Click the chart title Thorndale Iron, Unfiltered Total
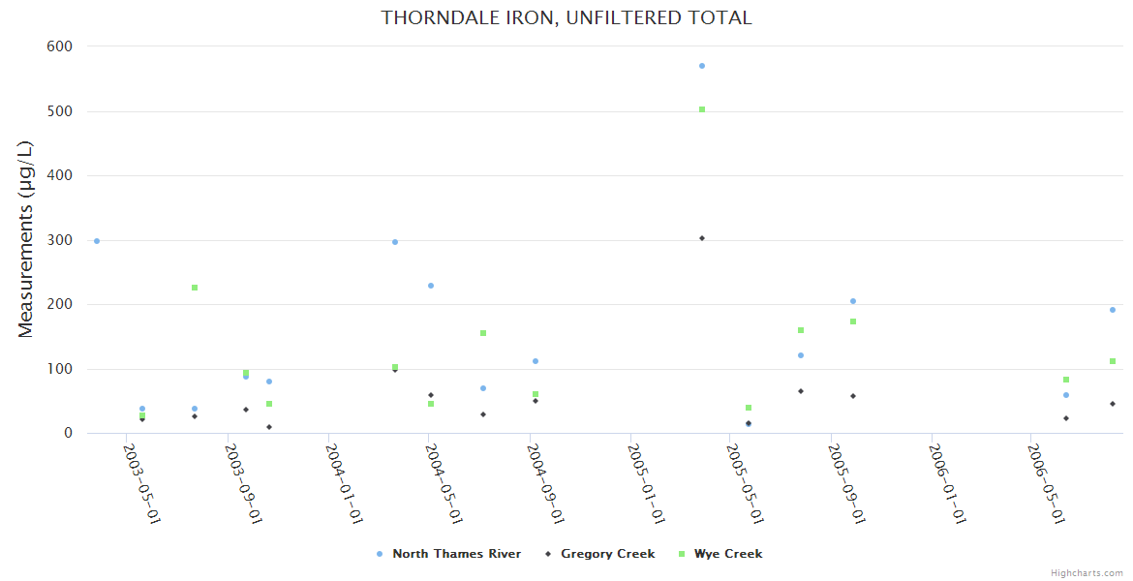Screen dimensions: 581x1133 (x=566, y=17)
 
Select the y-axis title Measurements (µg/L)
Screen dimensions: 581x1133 (x=26, y=239)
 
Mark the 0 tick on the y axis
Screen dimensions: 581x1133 (x=68, y=434)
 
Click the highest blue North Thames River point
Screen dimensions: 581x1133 (x=702, y=66)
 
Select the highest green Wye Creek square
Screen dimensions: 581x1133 (x=702, y=109)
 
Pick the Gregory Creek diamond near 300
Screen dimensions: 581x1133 (x=702, y=238)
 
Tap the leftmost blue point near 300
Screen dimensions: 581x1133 (x=97, y=240)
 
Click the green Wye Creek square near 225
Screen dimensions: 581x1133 (x=195, y=288)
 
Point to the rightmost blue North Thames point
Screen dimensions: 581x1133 (x=1113, y=310)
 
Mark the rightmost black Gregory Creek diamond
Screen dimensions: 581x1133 (x=1113, y=404)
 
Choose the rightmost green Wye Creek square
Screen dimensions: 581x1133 (x=1113, y=361)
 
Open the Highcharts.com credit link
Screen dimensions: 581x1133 (x=1087, y=573)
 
